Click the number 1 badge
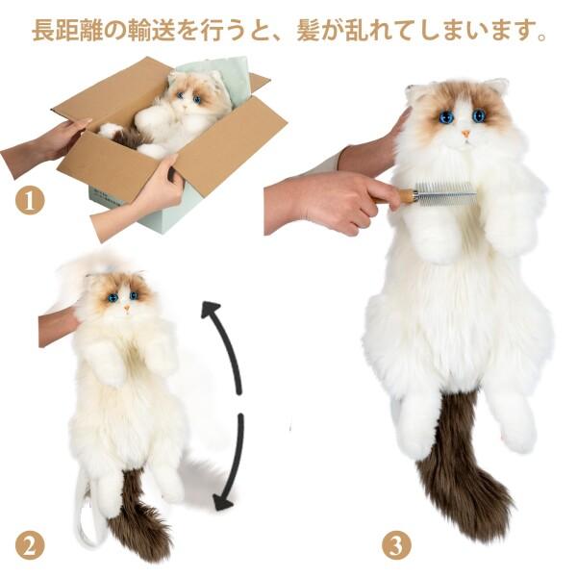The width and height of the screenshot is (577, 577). pos(30,201)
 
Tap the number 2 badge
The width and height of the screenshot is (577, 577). pos(30,545)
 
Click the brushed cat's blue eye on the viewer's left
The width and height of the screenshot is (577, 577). pos(446,116)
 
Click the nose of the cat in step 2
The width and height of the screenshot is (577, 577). pos(124,306)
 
